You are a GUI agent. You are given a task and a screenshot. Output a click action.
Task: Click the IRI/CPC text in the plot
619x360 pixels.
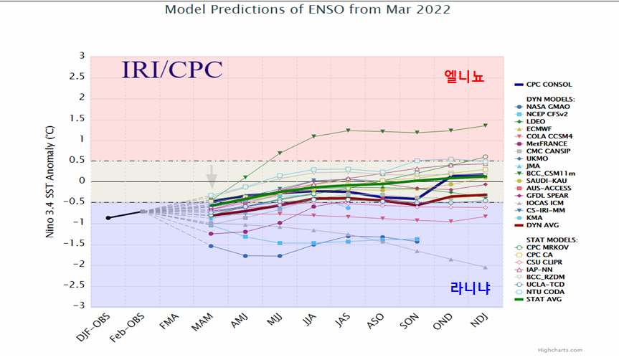point(171,70)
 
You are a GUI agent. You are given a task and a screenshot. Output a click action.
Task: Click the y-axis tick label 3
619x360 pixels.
point(82,56)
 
